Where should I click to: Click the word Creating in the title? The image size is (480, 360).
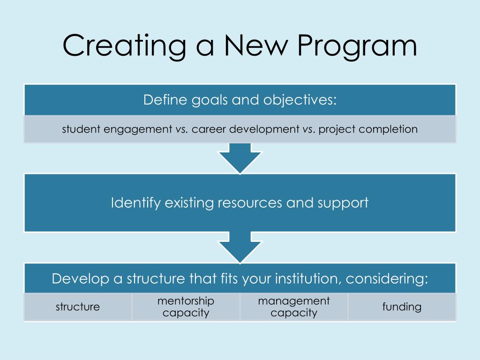point(123,46)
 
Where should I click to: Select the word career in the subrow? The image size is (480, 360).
point(210,129)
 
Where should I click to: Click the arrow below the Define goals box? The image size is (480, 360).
point(240,157)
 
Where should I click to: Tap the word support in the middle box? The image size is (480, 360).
point(343,203)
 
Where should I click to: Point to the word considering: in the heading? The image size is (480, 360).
point(387,279)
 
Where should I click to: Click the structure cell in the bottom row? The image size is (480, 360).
point(78,307)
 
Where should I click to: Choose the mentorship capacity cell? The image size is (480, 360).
point(186,307)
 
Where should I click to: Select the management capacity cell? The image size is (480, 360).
point(294,307)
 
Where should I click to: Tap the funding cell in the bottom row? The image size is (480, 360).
point(402,307)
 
